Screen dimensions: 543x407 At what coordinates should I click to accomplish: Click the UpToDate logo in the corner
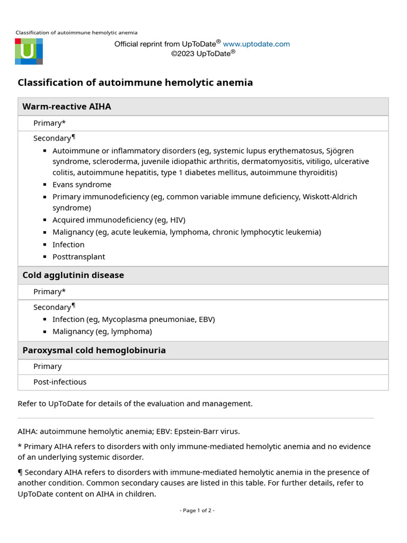point(29,51)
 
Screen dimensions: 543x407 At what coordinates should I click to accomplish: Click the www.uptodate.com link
point(256,44)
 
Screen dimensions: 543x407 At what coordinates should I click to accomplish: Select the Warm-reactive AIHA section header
point(67,107)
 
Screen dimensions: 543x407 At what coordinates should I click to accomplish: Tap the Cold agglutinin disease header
point(73,275)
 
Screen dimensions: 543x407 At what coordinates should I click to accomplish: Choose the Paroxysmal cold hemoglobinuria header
point(94,351)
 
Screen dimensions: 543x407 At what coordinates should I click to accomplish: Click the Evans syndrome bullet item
point(82,185)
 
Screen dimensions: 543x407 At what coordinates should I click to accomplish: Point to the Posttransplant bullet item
point(78,257)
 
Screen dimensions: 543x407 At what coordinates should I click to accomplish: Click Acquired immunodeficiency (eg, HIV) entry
point(119,220)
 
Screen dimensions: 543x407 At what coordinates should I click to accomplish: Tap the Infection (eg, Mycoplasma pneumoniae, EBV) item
point(134,319)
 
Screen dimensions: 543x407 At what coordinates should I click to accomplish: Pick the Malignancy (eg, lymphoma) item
point(102,331)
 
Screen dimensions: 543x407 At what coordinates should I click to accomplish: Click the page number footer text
point(197,511)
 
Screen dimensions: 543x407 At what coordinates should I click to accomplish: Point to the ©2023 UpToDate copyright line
point(203,53)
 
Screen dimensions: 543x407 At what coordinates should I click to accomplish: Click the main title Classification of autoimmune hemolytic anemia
point(135,83)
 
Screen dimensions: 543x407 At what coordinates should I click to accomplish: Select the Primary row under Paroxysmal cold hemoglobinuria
point(47,366)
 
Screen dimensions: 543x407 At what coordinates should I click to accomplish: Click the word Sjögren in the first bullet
point(340,151)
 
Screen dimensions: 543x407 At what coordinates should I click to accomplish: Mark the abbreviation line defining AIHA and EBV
point(129,431)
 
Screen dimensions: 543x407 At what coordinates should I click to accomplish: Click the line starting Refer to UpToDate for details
point(135,404)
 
